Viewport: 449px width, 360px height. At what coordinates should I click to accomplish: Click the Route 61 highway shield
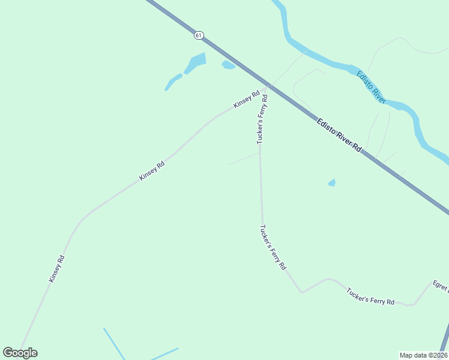pos(199,35)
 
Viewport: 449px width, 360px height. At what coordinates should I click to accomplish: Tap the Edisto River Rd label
pos(340,135)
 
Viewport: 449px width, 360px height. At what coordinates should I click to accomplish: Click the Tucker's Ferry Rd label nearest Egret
pos(370,296)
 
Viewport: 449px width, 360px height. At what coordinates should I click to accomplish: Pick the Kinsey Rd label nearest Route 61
pos(247,98)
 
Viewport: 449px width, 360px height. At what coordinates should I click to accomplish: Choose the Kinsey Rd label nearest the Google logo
pos(57,269)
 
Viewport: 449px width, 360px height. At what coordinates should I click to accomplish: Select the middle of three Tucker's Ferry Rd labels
pos(273,247)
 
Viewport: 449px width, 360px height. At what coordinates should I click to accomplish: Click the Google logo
pos(20,353)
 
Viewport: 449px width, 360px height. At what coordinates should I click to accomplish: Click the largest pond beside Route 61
pos(196,62)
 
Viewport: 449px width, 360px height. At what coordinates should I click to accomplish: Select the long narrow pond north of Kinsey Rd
pos(173,82)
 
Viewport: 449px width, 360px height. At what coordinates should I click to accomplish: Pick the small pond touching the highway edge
pos(228,65)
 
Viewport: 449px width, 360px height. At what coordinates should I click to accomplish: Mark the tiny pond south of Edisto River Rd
pos(332,182)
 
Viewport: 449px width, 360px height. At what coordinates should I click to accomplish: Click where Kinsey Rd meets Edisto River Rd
pos(267,86)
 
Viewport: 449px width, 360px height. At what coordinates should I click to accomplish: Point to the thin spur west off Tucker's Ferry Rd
pos(244,158)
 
